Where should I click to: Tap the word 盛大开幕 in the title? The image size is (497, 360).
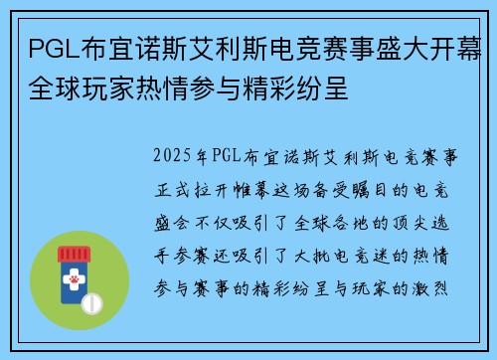pyautogui.click(x=427, y=47)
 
